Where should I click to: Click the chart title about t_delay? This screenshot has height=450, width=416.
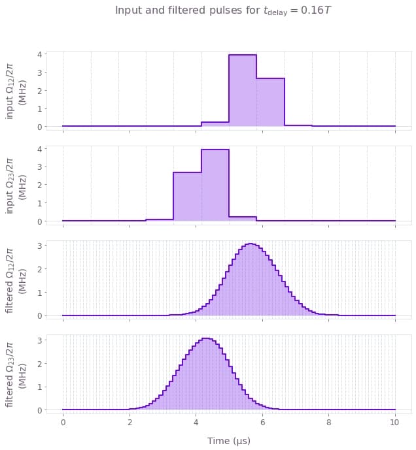coord(225,10)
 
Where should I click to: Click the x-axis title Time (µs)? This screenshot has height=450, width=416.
coord(229,441)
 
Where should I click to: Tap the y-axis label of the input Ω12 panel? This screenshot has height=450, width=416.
coord(16,90)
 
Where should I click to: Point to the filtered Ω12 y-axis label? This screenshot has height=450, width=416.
coord(16,279)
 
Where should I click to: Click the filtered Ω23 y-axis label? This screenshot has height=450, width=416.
coord(16,374)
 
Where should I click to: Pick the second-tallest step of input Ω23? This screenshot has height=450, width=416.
coord(187,197)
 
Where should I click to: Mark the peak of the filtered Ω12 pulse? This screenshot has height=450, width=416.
coord(251,244)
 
